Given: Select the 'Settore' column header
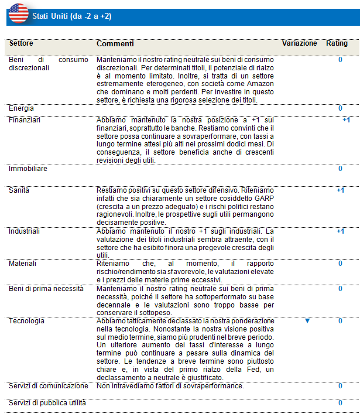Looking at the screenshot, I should point(21,44).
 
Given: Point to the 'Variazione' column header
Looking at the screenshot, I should point(299,44).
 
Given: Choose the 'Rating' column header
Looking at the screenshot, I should point(337,44).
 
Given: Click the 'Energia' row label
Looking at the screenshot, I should point(21,108).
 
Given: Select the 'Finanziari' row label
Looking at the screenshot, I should point(24,120).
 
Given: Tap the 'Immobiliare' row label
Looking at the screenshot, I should point(27,169).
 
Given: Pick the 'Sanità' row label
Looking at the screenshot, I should point(19,190).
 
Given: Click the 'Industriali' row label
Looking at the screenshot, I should point(24,231).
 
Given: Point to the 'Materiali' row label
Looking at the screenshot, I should point(22,264).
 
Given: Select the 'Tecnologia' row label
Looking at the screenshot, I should point(26,321).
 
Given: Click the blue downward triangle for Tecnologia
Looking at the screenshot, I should point(307,322).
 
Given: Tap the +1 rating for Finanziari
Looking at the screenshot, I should point(346,120).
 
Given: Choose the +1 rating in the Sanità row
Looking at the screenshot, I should point(340,190).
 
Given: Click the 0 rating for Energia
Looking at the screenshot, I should point(340,108).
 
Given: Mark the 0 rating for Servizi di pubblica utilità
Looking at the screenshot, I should point(340,403).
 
